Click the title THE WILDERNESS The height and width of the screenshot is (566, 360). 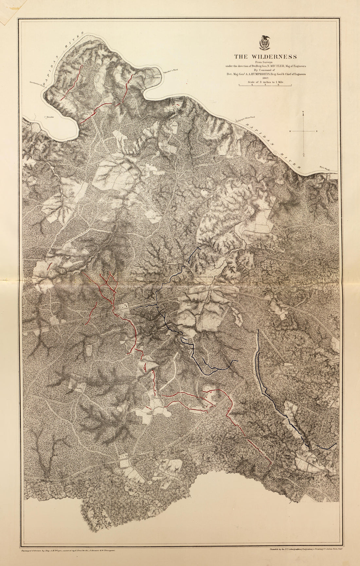265,57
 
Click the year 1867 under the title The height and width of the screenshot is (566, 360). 265,78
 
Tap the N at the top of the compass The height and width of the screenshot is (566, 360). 303,112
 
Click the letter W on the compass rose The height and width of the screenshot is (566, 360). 290,131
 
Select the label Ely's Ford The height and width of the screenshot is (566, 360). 324,168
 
